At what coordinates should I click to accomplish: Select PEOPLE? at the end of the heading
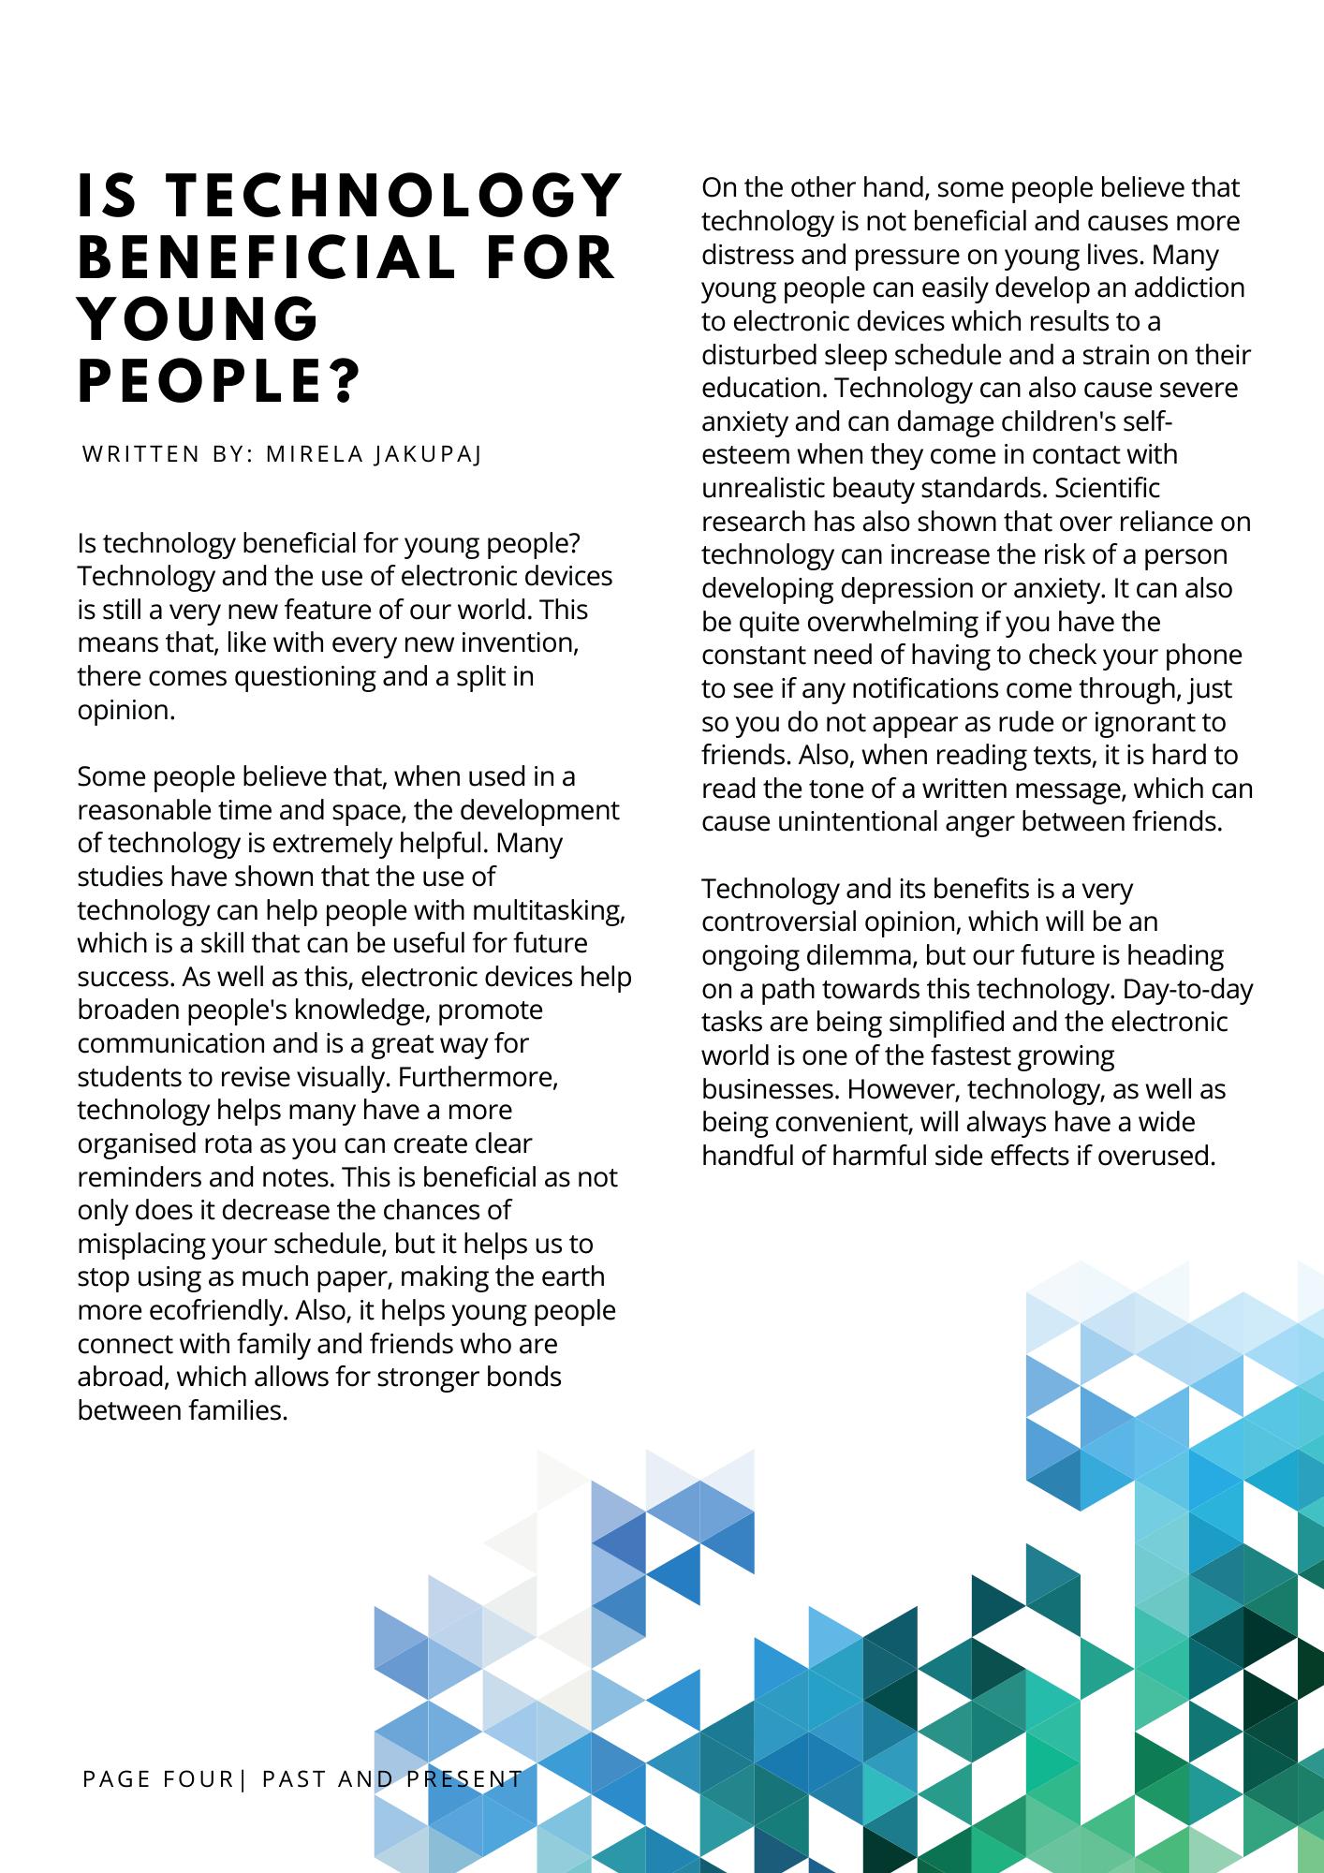click(x=219, y=383)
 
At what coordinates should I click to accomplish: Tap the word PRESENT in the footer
click(x=464, y=1778)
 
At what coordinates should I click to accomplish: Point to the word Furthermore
click(x=478, y=1077)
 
